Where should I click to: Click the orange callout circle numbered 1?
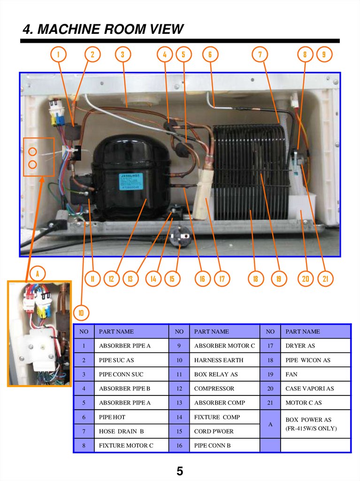coord(58,54)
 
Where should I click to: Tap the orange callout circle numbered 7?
coord(260,54)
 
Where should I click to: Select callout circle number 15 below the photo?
coord(172,279)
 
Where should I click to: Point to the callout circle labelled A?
coord(37,273)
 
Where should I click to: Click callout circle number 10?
coord(80,312)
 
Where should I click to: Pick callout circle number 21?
coord(325,279)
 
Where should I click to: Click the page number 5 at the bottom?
coord(180,471)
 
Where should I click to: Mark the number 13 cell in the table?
coord(179,403)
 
